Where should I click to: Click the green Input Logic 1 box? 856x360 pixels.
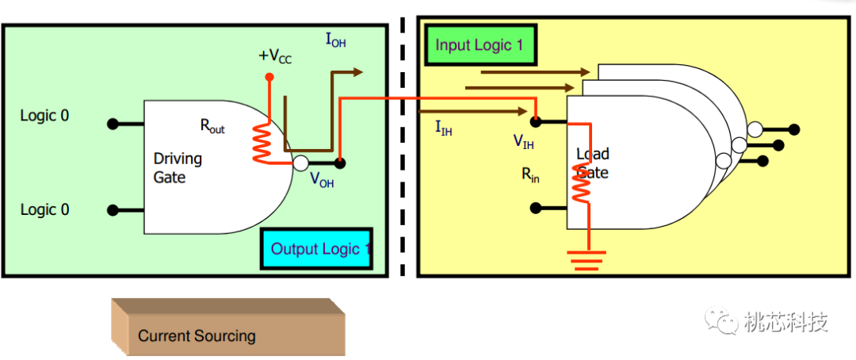(480, 44)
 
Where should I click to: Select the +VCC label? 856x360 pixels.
(275, 57)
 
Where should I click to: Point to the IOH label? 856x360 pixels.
(335, 39)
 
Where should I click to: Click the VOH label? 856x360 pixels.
(322, 180)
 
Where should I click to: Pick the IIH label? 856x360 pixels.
(444, 128)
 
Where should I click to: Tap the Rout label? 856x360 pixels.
(212, 125)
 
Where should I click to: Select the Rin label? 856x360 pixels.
(530, 175)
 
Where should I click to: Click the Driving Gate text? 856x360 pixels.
(178, 168)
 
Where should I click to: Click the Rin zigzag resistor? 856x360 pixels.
(582, 184)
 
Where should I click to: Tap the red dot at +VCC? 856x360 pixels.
(269, 78)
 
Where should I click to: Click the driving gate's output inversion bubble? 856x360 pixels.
(300, 163)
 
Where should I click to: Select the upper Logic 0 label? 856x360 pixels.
(44, 116)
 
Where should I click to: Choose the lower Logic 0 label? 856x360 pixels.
(44, 210)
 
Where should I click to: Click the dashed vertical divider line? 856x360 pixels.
(403, 143)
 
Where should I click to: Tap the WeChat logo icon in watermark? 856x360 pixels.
(721, 321)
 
